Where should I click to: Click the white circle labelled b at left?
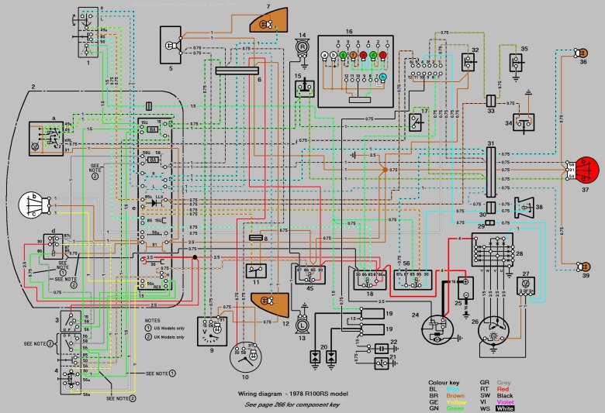click(x=34, y=205)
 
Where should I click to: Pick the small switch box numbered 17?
click(x=417, y=119)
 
